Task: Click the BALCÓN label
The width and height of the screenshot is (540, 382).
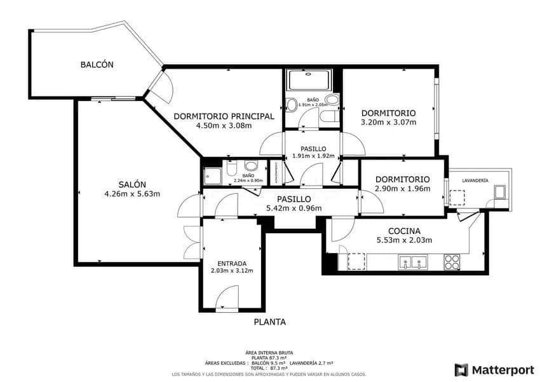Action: coord(97,64)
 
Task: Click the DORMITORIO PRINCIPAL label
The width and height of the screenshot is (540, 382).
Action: coord(224,116)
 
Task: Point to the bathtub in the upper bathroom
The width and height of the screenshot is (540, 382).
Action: coord(309,81)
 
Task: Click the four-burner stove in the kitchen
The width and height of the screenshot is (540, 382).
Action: coord(452,262)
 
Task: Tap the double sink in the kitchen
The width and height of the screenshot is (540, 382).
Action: coord(412,262)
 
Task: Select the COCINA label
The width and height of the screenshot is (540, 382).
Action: coord(404,231)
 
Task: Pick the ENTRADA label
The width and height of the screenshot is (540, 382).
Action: coord(231,263)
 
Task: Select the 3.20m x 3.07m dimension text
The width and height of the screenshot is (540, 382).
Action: coord(388,122)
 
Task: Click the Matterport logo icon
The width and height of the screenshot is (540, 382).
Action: coord(462,369)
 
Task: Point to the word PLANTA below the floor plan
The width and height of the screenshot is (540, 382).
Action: coord(269,322)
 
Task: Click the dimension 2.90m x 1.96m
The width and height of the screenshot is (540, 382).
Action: coord(402,189)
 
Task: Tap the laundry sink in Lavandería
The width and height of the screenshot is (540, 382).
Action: coord(500,192)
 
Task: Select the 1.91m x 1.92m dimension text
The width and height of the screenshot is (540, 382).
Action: coord(313,155)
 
